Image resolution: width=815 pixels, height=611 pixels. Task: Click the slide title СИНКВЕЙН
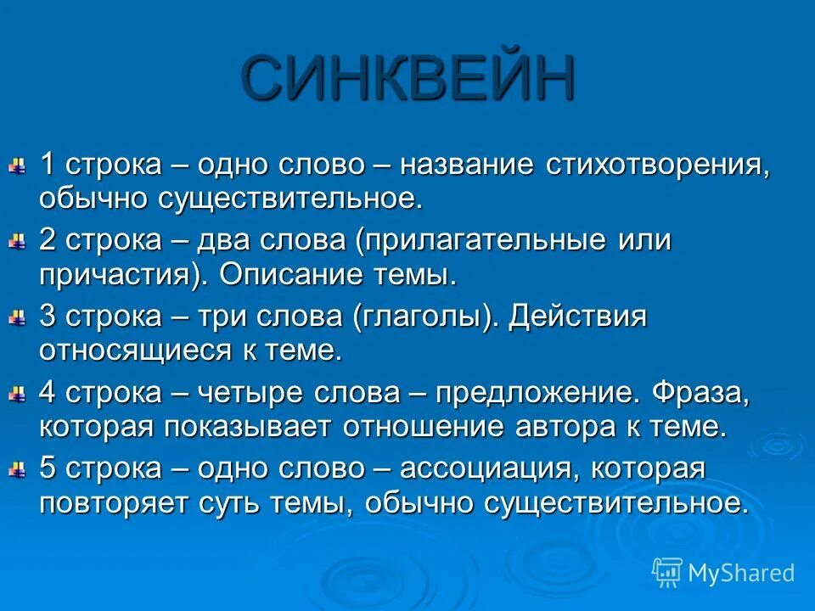click(407, 78)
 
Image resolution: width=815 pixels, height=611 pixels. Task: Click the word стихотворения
click(658, 165)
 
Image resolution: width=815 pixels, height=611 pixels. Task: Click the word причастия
click(124, 275)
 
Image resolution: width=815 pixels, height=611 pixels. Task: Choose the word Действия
click(578, 317)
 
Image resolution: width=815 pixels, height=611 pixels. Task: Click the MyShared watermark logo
click(723, 572)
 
